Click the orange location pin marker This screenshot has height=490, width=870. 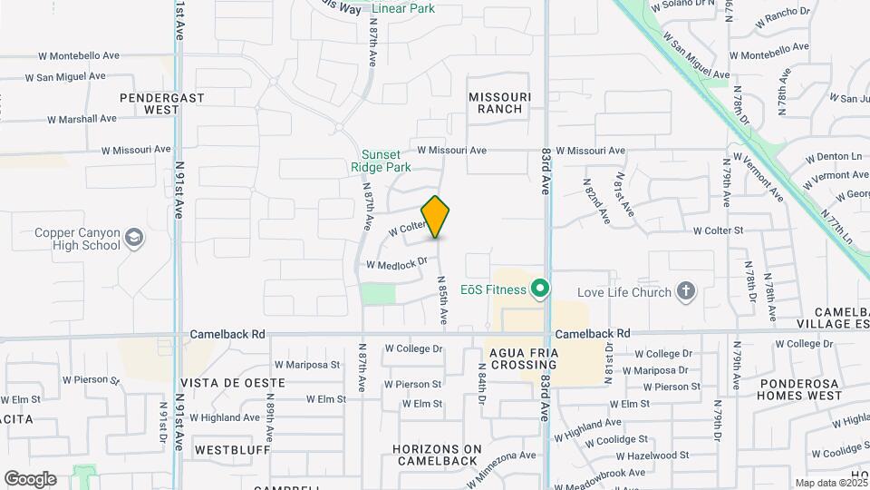click(435, 216)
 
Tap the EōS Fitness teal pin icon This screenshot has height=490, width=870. click(541, 289)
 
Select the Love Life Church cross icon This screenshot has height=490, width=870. click(687, 291)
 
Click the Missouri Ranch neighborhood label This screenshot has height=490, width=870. click(496, 103)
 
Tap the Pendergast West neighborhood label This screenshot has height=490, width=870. click(149, 103)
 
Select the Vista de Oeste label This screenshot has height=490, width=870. click(226, 383)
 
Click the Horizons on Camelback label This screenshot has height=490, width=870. click(438, 455)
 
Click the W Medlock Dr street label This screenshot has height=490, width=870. click(396, 264)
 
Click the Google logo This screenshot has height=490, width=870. click(30, 479)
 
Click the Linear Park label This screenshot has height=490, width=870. click(403, 9)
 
